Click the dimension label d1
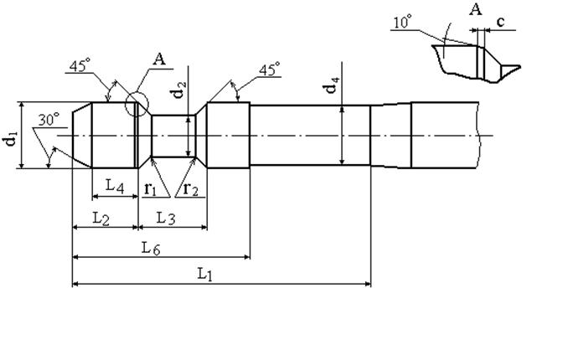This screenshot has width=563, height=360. pyautogui.click(x=10, y=138)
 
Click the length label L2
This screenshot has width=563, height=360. pyautogui.click(x=101, y=219)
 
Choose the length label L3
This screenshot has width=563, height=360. pyautogui.click(x=166, y=219)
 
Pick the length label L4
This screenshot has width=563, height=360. pyautogui.click(x=115, y=187)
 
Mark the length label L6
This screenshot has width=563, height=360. pyautogui.click(x=152, y=247)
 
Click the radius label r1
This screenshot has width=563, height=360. pyautogui.click(x=150, y=189)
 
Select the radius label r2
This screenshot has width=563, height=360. pyautogui.click(x=190, y=189)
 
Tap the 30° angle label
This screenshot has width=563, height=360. pyautogui.click(x=47, y=121)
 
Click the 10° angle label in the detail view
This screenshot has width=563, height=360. pyautogui.click(x=401, y=23)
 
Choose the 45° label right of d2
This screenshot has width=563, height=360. pyautogui.click(x=268, y=71)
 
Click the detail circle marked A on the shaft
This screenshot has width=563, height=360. pyautogui.click(x=136, y=105)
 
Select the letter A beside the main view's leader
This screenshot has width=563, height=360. pyautogui.click(x=159, y=59)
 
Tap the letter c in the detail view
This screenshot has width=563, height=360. pyautogui.click(x=499, y=22)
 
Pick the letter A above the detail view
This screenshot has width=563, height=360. pyautogui.click(x=477, y=9)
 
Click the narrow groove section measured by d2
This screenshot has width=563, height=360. pyautogui.click(x=175, y=136)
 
